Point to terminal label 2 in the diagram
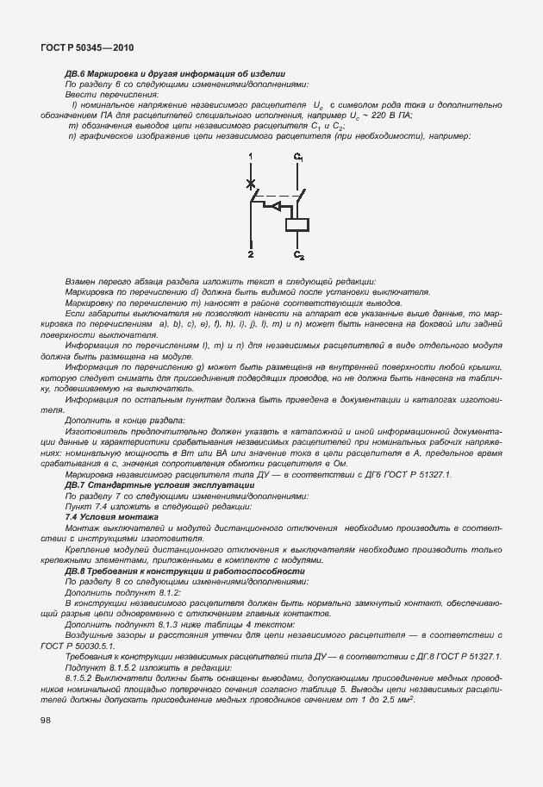251,256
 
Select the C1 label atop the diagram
298,157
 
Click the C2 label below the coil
299,256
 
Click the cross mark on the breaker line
251,184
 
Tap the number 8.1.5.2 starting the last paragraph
83,678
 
